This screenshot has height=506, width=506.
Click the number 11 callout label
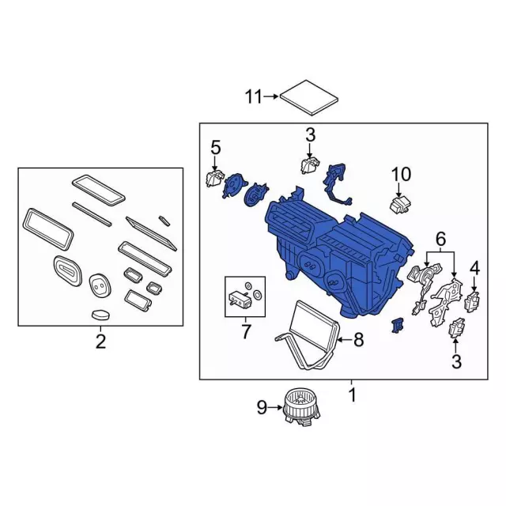click(253, 97)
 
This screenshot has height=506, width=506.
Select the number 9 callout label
click(262, 408)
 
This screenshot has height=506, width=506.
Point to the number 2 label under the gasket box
click(100, 342)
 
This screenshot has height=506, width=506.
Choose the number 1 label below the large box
click(353, 393)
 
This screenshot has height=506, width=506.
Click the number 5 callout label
click(214, 147)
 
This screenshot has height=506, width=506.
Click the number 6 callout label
click(441, 238)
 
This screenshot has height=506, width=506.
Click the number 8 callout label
click(358, 340)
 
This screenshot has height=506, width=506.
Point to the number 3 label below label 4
click(456, 362)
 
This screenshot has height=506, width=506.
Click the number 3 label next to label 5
click(310, 134)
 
